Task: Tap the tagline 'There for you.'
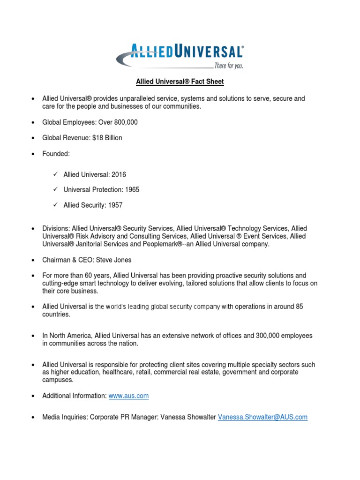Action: (228, 66)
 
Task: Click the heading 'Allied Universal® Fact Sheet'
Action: (180, 82)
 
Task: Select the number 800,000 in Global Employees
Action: (125, 122)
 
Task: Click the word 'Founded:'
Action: (55, 153)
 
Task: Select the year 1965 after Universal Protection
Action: (131, 190)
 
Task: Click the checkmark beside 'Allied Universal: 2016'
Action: (55, 174)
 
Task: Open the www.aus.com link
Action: (128, 396)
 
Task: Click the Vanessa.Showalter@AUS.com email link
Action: (262, 417)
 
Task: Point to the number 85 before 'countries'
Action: (299, 307)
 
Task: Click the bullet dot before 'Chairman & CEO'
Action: (33, 260)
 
